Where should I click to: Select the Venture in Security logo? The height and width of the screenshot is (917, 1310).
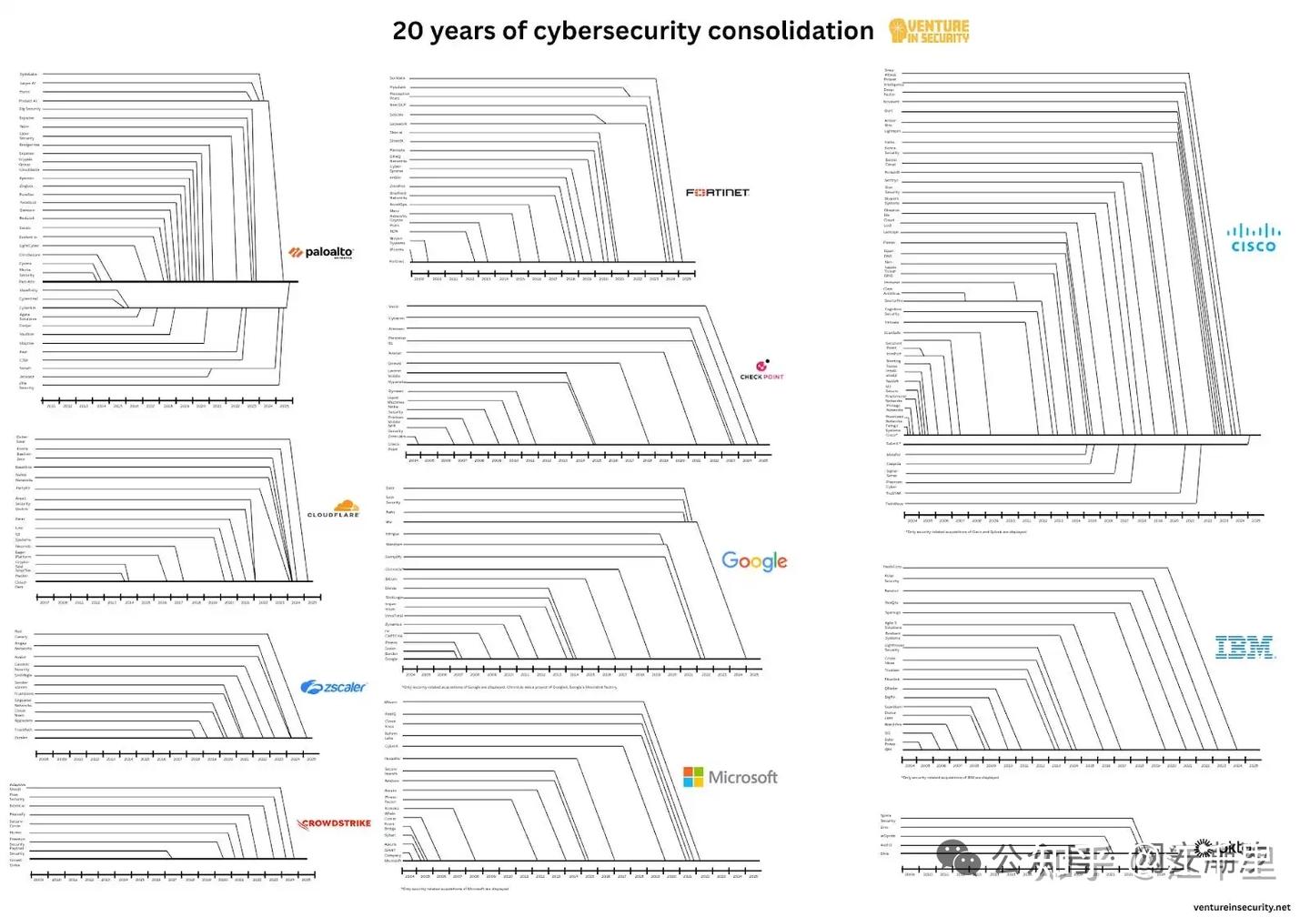point(929,31)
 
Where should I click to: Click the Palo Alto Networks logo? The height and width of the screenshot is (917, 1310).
point(321,252)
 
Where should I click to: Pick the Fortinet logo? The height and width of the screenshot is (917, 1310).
point(717,193)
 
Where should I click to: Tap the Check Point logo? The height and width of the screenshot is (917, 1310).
point(761,370)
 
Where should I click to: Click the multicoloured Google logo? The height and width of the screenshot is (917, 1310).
point(754,561)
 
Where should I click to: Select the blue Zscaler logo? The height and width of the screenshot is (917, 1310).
point(333,688)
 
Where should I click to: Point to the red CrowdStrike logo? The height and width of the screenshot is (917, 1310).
point(335,823)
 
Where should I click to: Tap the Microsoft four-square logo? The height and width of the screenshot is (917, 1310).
point(693,777)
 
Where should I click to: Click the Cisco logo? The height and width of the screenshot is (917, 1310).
point(1253,238)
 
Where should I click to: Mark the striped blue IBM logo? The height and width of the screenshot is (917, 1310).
point(1244,648)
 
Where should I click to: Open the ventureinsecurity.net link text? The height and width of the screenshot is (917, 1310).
point(1241,907)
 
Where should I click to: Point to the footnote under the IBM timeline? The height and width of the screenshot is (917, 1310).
point(950,778)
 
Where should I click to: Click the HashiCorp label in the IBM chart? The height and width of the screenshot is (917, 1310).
point(892,567)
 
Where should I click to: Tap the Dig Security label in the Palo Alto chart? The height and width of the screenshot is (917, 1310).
point(29,109)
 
